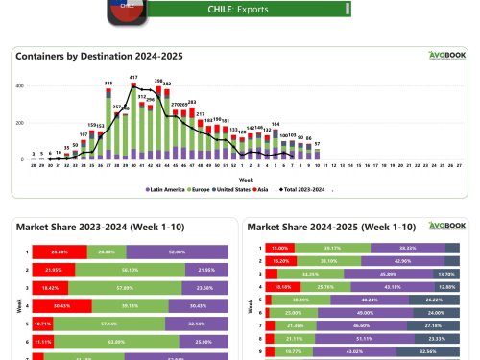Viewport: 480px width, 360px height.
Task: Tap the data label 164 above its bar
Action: click(276, 124)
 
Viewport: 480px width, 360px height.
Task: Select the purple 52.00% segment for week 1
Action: click(176, 252)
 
